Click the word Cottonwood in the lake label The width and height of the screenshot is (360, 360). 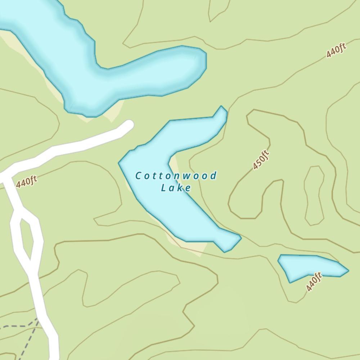click(176, 176)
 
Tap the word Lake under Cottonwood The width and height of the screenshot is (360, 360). click(176, 188)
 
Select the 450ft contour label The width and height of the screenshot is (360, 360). click(261, 160)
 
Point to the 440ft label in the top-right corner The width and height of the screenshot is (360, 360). click(336, 50)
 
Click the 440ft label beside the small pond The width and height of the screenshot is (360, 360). click(314, 282)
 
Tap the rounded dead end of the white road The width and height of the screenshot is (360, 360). click(128, 125)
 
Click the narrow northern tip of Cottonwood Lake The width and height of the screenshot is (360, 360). click(222, 110)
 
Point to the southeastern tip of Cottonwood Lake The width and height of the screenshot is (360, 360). click(234, 240)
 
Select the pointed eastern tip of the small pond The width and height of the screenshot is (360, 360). click(347, 270)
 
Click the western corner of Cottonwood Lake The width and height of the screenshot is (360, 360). click(120, 163)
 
